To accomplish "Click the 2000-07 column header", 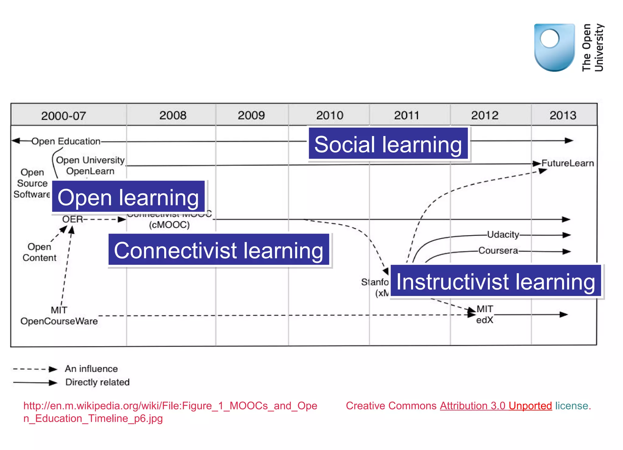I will (x=64, y=116).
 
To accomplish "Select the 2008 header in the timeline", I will (x=173, y=115).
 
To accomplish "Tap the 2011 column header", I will (x=406, y=115).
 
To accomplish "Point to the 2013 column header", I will (x=563, y=115).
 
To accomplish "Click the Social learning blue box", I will (x=388, y=144).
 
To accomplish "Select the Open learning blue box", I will (x=128, y=197).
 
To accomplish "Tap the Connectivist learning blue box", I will (x=219, y=250).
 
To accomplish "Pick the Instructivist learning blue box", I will (x=496, y=281).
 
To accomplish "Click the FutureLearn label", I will (x=567, y=163).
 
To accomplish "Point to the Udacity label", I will (x=503, y=235).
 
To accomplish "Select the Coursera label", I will (x=498, y=250).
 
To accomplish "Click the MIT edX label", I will (x=485, y=314).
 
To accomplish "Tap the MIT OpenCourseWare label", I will (x=59, y=316).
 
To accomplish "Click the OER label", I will (x=72, y=219).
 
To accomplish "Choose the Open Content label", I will (x=40, y=252).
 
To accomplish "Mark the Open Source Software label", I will (x=32, y=183).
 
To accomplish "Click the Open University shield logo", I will (x=554, y=47).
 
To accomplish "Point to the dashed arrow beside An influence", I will (x=35, y=369).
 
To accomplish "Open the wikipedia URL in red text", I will (x=170, y=412).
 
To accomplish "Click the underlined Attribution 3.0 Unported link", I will (x=496, y=406).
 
